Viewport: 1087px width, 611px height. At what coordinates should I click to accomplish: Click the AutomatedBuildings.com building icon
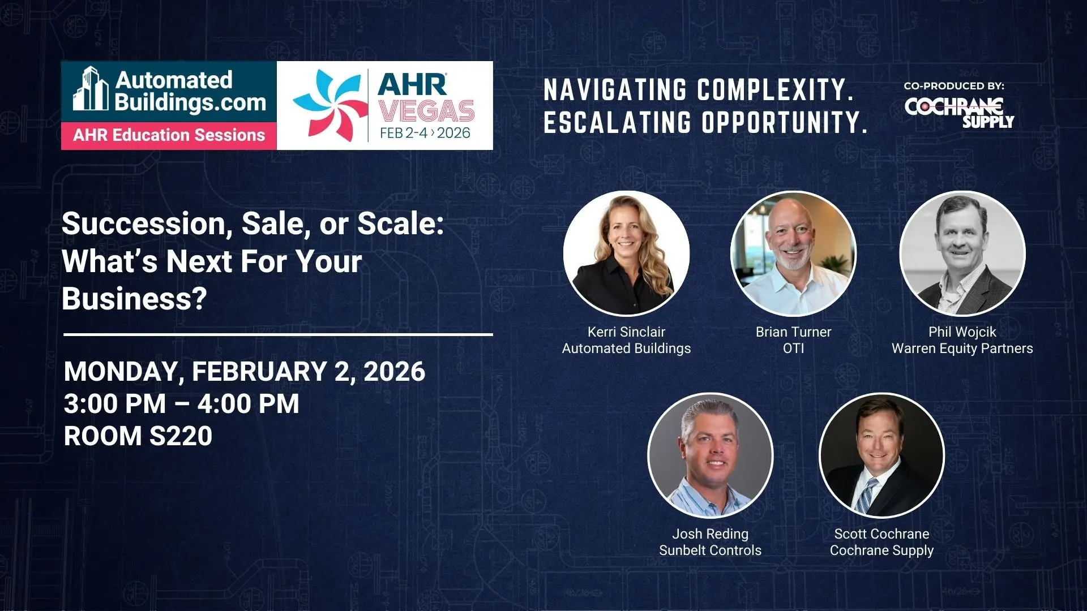(x=91, y=89)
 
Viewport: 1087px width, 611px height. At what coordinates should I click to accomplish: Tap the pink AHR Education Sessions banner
(x=169, y=136)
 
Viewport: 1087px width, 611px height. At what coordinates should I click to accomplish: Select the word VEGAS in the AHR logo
(x=427, y=111)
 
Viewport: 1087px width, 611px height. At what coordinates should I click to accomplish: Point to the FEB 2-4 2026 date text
(x=425, y=133)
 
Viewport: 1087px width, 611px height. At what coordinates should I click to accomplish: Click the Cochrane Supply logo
(x=959, y=113)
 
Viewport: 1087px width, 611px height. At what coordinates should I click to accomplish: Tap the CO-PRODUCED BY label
(x=954, y=86)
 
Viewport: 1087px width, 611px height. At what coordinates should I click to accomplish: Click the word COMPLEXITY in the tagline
(x=775, y=90)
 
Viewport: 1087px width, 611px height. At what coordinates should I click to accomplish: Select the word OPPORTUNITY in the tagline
(x=785, y=122)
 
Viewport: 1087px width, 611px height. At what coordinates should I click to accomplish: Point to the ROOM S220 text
(x=138, y=436)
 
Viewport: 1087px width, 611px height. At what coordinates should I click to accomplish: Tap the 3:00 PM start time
(x=115, y=404)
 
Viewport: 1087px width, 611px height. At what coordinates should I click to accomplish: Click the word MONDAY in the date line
(x=124, y=372)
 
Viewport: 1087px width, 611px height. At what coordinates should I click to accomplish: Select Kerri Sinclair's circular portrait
(x=626, y=253)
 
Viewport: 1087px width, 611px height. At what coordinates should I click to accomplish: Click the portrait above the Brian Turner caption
(x=793, y=253)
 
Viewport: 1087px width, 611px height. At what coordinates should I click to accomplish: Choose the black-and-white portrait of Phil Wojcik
(x=962, y=253)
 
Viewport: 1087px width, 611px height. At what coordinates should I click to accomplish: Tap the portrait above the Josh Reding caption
(x=711, y=455)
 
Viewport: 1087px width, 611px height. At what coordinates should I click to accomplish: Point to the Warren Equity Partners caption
(x=962, y=348)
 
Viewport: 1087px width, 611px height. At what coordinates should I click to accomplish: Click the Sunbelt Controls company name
(x=711, y=550)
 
